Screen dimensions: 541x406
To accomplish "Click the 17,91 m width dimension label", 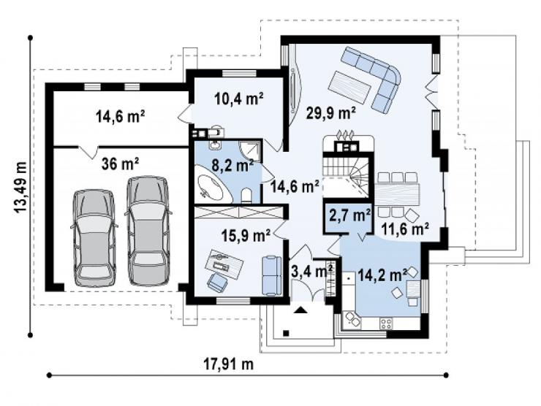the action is [x=228, y=364].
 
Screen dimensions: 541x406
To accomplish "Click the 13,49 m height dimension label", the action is [x=20, y=187].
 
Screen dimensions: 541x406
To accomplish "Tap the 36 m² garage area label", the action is [x=121, y=164].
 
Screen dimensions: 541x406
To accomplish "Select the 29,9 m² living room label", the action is [x=331, y=112].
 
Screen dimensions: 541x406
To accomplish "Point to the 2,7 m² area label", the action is [x=350, y=215].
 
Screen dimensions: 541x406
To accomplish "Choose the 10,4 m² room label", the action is [x=239, y=99].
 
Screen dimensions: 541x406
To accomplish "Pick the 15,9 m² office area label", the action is [x=246, y=236].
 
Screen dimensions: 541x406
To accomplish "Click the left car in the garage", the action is [x=94, y=238].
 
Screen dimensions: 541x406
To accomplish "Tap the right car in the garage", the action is [x=148, y=231].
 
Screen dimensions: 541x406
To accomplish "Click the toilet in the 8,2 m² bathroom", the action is [x=246, y=195].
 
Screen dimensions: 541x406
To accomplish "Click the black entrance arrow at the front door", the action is [x=300, y=310].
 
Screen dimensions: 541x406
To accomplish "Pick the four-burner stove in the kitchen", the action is [x=385, y=323].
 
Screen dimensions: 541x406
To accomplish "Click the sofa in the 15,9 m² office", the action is [x=272, y=275].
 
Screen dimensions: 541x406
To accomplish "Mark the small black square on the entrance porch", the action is [x=286, y=333].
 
